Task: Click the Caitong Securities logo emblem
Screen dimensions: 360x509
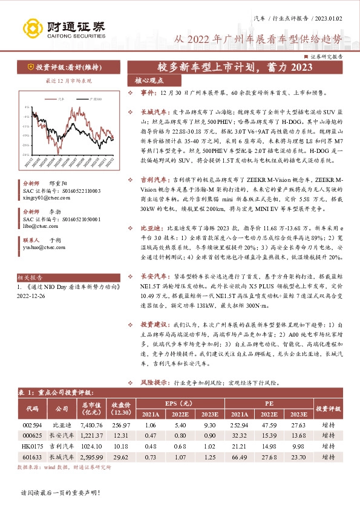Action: coord(32,27)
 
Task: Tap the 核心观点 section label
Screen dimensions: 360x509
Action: coord(150,80)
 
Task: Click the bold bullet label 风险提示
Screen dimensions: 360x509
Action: coord(154,383)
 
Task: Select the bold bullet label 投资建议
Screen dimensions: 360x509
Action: coord(154,325)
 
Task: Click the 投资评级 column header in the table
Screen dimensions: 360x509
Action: coord(328,409)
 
